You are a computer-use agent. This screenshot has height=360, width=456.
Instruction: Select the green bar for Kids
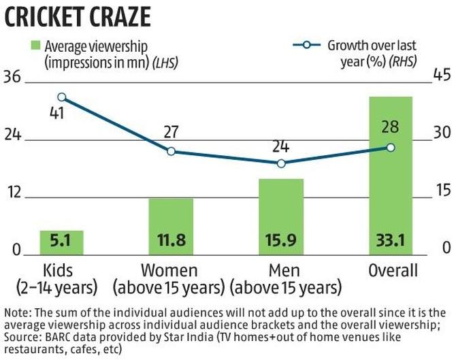(x=61, y=242)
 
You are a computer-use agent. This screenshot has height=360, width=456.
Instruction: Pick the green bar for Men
(x=280, y=216)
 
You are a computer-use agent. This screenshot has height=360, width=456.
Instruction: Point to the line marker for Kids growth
(x=62, y=97)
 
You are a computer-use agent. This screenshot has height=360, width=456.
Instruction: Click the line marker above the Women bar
(x=171, y=151)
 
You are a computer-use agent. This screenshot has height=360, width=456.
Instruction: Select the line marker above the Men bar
(x=280, y=163)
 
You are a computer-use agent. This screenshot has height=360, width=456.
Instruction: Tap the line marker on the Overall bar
(x=390, y=147)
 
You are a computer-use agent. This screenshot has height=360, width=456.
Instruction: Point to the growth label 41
(x=56, y=113)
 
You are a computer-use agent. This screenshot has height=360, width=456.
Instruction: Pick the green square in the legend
(x=33, y=46)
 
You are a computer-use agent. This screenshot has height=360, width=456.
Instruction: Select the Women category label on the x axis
(x=169, y=270)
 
